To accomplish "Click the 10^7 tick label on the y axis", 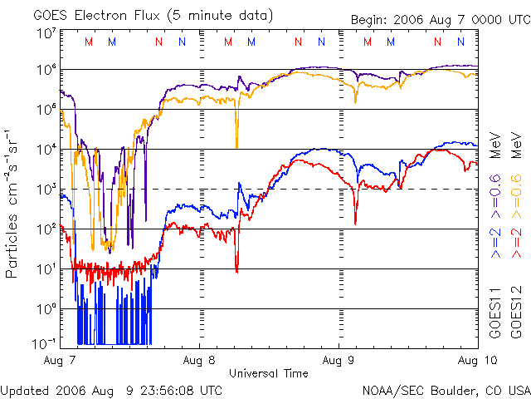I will click(46, 34).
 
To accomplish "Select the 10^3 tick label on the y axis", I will click(46, 189).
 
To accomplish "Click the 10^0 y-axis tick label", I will click(46, 308).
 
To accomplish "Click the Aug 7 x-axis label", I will click(61, 361).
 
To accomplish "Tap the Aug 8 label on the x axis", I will click(200, 361).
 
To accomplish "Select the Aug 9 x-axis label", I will click(339, 361).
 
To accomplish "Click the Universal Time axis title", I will click(268, 373).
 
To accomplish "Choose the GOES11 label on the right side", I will click(494, 311).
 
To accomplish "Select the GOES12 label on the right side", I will click(516, 311).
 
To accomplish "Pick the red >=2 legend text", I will click(516, 242).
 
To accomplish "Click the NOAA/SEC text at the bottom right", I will click(391, 390).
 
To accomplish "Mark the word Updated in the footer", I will click(25, 390).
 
